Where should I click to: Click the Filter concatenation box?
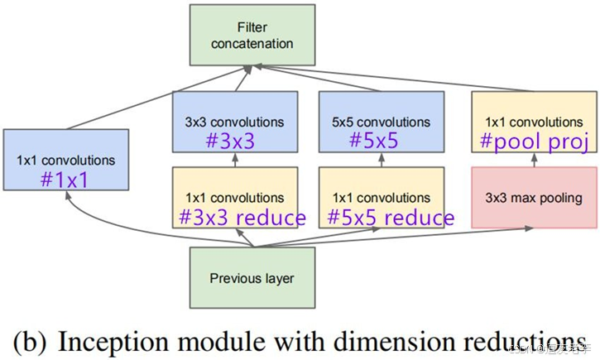coord(252,35)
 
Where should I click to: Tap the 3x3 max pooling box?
coord(533,198)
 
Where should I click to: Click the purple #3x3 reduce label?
coord(242,218)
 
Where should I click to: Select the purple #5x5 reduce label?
coord(390,218)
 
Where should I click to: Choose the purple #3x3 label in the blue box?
coord(230,141)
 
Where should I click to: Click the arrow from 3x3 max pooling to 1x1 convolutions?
coord(533,160)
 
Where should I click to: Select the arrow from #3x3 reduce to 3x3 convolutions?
coord(234,160)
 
